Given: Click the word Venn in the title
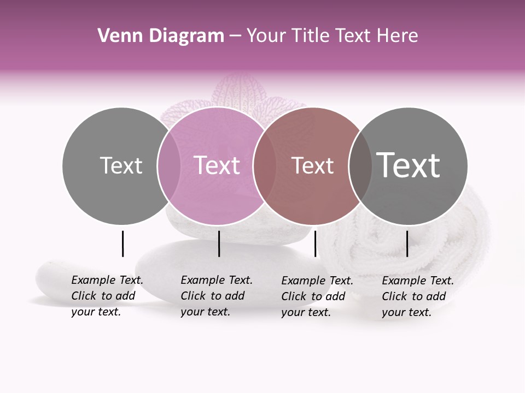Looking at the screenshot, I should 116,36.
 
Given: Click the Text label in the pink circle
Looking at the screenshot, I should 217,165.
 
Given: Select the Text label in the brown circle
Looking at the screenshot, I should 312,166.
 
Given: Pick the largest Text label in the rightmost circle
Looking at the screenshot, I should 409,165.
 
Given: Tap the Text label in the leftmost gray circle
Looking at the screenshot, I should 121,165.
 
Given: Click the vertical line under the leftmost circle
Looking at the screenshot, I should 123,243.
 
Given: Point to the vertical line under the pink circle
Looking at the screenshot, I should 219,243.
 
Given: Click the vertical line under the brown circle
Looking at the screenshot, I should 315,243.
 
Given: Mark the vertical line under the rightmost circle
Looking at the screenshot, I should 407,243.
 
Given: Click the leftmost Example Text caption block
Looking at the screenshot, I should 107,296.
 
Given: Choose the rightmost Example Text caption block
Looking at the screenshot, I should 417,296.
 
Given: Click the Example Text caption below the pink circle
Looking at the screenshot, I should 216,296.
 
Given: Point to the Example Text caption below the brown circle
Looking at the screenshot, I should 317,296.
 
